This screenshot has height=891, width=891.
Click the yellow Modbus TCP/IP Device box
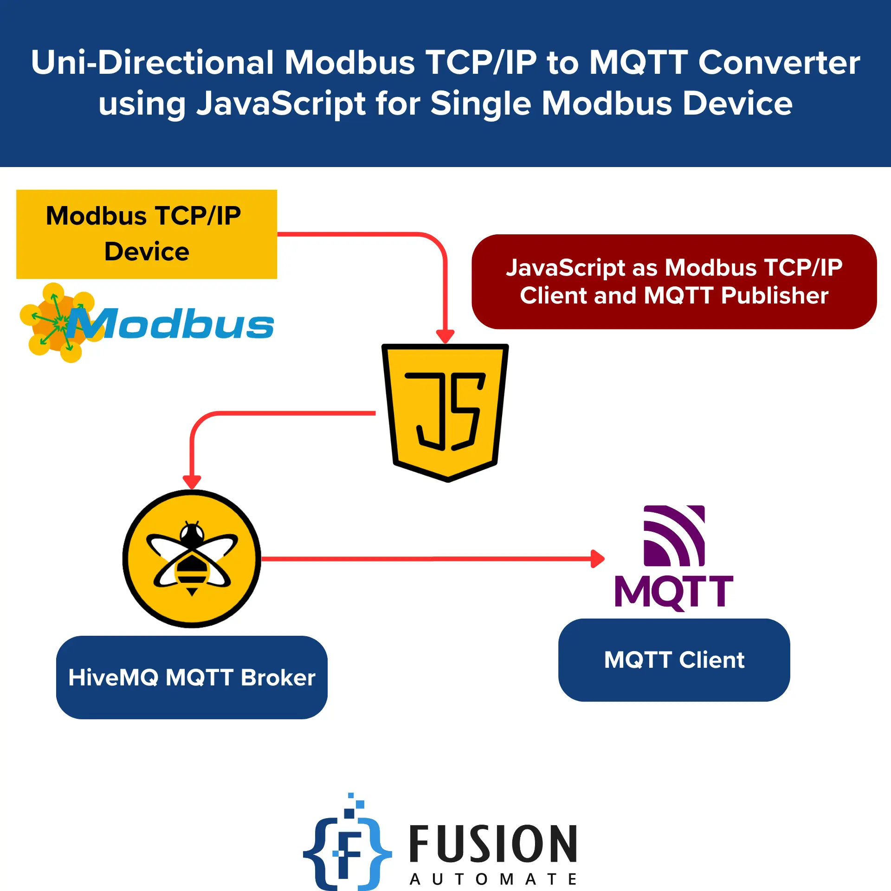pos(147,234)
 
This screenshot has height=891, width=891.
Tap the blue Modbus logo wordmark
pos(172,324)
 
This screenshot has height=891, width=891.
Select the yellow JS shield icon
pos(445,411)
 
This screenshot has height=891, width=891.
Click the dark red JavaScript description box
pos(674,282)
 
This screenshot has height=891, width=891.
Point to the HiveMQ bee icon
pos(192,558)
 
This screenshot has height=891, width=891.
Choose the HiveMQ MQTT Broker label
pos(192,677)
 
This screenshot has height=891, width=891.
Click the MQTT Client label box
pos(674,659)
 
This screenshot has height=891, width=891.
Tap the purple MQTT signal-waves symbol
pos(674,536)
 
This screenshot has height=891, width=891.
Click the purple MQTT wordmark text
pos(674,592)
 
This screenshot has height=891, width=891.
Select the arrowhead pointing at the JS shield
pos(445,336)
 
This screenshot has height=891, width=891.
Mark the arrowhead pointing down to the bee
pos(192,482)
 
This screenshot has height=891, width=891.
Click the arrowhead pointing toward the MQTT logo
pos(598,559)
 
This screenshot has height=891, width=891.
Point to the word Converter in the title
pos(779,63)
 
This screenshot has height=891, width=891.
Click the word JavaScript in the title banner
pos(281,103)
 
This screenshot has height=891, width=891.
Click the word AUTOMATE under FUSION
pos(493,879)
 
